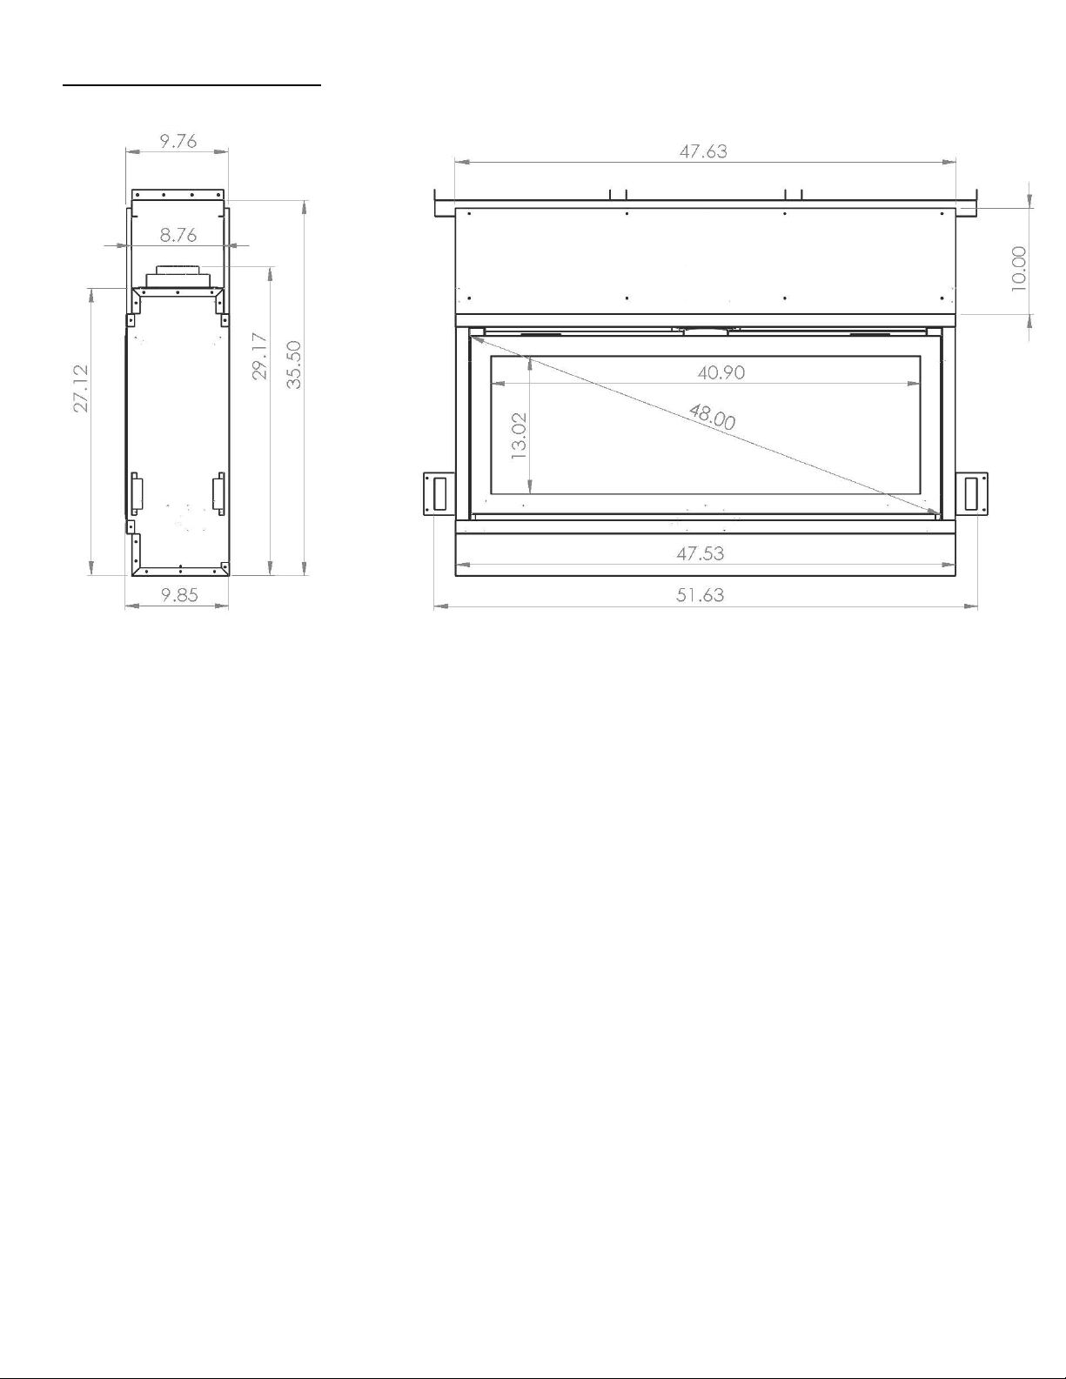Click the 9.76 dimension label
(178, 141)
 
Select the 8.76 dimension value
(178, 235)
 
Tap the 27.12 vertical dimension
(81, 388)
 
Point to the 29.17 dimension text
(260, 356)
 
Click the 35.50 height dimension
(294, 365)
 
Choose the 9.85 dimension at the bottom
(179, 594)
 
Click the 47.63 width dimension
(703, 151)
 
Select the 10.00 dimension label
(1018, 269)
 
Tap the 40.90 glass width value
(721, 372)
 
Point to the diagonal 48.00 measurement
(712, 418)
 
